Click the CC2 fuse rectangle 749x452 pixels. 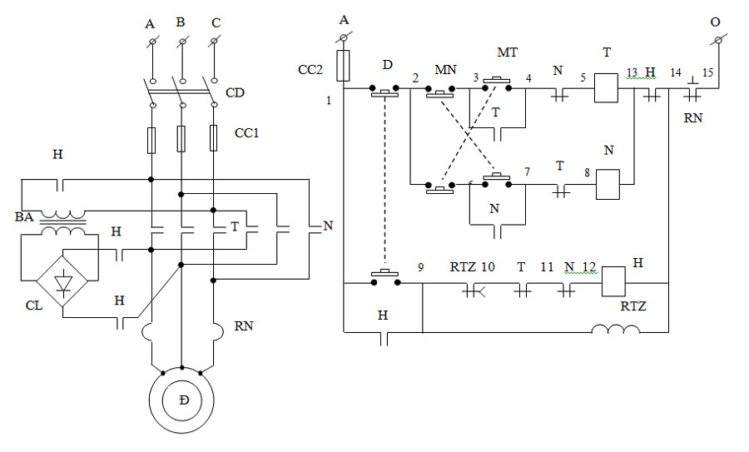(343, 66)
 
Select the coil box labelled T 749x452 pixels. (606, 88)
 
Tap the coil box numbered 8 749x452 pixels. (608, 185)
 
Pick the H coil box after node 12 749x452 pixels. (613, 282)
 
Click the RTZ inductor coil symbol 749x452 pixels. (615, 329)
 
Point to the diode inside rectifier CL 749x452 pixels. (63, 281)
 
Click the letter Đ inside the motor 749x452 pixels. (185, 400)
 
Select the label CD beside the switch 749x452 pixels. (235, 92)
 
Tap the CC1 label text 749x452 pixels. (246, 133)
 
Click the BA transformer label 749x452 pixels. (24, 217)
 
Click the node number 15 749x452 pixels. (708, 72)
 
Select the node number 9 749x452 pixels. (420, 266)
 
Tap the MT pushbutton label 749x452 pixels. (508, 52)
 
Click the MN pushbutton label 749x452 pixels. (445, 70)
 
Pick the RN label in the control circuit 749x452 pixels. (693, 117)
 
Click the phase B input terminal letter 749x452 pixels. (181, 22)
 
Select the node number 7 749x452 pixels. (527, 171)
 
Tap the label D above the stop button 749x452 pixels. (387, 64)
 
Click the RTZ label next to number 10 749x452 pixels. (463, 267)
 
